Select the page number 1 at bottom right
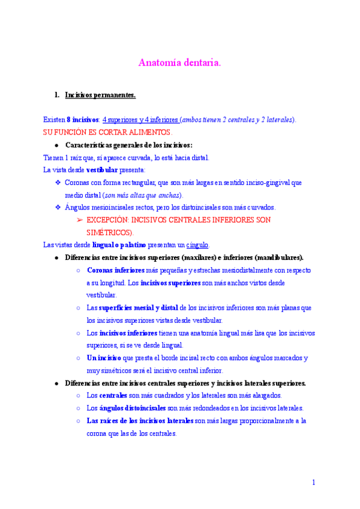click(x=313, y=482)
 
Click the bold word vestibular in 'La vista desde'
click(x=103, y=170)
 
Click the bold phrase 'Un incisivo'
click(x=104, y=358)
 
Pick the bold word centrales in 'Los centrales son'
click(x=112, y=396)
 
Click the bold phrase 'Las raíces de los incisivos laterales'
click(x=140, y=421)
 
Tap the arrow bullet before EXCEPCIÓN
click(x=79, y=220)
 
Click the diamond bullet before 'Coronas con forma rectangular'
click(x=58, y=182)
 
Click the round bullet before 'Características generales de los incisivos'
click(x=56, y=145)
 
